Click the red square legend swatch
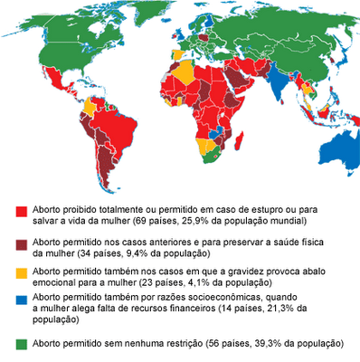(21, 209)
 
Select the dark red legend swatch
(21, 244)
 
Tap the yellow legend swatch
(21, 272)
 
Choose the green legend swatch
(21, 345)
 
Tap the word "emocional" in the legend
(57, 282)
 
